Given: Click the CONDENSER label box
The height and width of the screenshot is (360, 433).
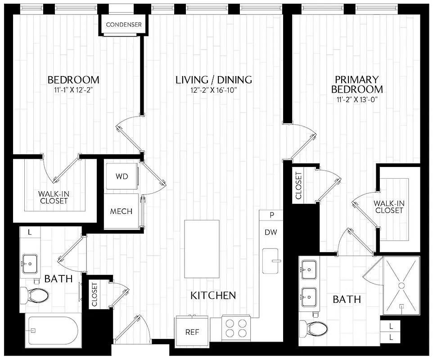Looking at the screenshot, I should (x=124, y=24).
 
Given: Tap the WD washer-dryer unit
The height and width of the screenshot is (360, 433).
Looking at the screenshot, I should (x=122, y=176).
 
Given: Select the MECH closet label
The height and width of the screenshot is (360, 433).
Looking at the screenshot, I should (x=122, y=211).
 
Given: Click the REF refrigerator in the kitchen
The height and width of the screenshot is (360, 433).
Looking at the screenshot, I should (x=192, y=333).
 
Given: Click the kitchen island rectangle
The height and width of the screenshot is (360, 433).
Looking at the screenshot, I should (x=202, y=249).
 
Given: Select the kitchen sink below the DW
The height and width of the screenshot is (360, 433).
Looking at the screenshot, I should (x=271, y=261).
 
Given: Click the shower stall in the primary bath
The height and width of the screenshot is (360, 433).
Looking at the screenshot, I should (x=401, y=286).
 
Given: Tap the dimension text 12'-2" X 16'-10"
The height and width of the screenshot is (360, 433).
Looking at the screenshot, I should (x=213, y=90).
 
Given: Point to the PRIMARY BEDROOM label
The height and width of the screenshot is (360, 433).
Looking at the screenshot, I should (x=357, y=84).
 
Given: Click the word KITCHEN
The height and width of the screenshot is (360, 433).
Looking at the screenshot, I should (x=213, y=296).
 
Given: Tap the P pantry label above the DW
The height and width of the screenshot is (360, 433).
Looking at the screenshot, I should (x=271, y=215).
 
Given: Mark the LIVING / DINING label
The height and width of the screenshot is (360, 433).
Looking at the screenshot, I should (x=213, y=80).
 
